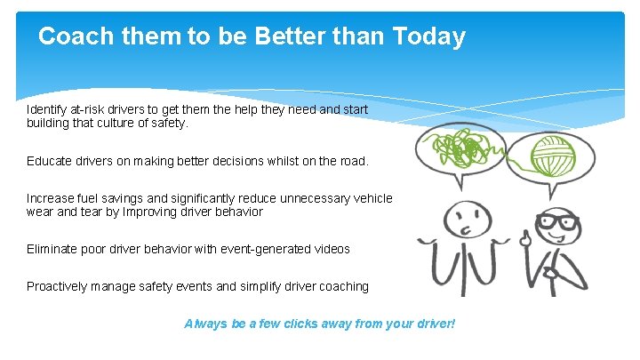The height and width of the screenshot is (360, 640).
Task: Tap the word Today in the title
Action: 428,36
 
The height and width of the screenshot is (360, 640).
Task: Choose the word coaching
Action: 342,286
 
